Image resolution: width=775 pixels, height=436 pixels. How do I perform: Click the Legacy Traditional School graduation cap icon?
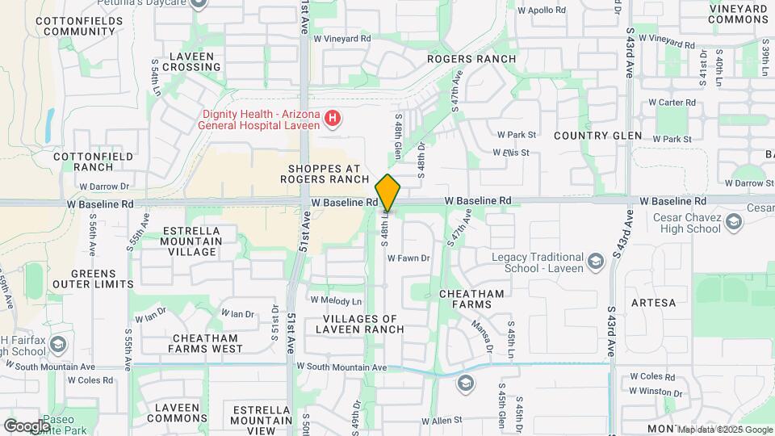pos(595,261)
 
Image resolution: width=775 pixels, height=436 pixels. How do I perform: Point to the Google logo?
pos(27,426)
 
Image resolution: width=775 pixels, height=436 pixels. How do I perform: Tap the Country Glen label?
pos(597,136)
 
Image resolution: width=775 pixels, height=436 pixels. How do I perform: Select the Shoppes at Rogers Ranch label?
pos(324,174)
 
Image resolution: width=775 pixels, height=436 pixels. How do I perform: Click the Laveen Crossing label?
pos(191,62)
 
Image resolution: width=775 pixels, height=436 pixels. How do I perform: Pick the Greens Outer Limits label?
pos(93,279)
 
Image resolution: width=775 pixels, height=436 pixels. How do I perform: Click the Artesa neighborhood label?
pos(653,303)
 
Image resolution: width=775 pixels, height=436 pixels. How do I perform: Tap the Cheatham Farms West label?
pos(205,343)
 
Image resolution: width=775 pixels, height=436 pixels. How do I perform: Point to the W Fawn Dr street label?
pos(408,258)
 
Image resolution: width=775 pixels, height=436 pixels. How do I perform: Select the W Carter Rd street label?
pos(672,103)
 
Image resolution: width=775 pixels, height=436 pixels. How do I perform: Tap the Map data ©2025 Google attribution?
pos(724,430)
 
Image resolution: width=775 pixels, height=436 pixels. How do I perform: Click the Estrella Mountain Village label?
pos(192,241)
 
